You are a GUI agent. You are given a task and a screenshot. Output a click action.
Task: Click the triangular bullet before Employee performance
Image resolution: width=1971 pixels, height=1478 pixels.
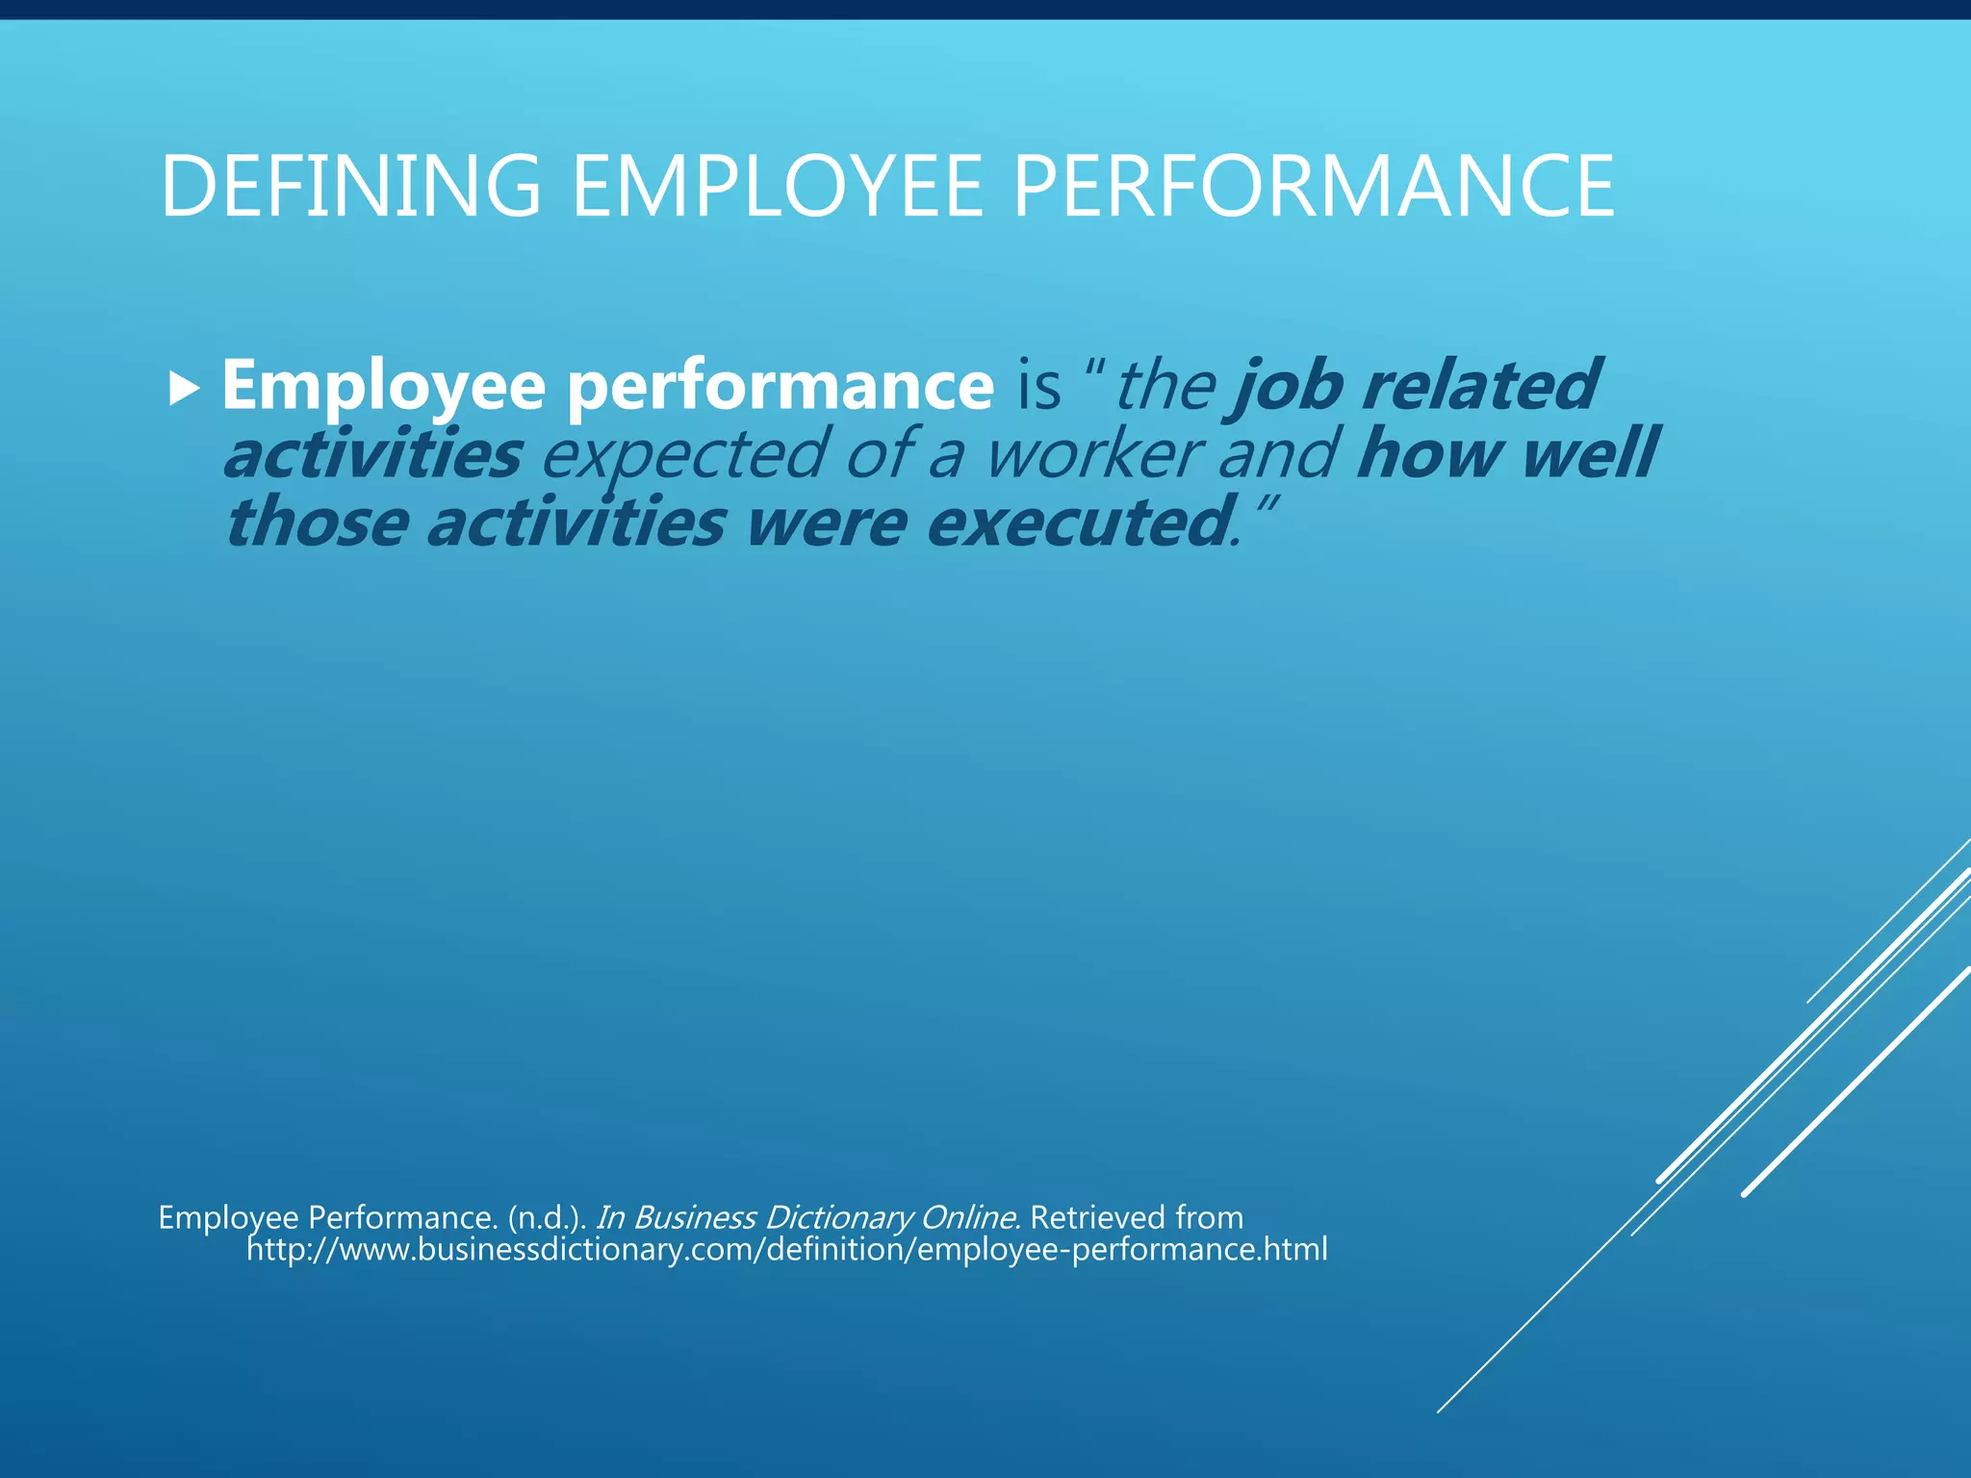click(183, 390)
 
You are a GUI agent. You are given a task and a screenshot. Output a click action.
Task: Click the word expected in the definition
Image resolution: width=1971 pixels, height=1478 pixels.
click(683, 455)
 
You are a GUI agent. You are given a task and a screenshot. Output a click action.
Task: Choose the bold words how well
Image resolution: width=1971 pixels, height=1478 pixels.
click(1507, 453)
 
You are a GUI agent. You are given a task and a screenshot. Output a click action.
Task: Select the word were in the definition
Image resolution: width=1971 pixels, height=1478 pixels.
click(826, 522)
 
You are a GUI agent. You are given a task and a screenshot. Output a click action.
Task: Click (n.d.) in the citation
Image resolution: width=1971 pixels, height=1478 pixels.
click(546, 1217)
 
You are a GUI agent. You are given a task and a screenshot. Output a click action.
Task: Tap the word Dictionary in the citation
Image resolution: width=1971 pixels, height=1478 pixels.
click(837, 1217)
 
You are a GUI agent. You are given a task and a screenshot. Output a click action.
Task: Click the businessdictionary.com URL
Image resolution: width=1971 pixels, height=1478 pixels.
click(786, 1250)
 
